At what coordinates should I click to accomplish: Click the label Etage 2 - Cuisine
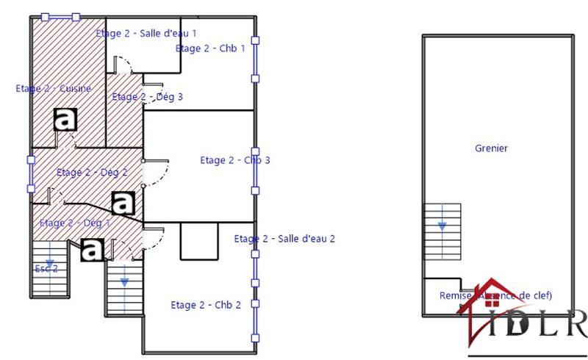(54, 88)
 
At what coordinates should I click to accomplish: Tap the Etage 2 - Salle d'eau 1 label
(146, 33)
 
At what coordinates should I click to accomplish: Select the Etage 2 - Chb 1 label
(209, 48)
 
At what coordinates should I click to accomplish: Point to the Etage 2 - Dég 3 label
(147, 96)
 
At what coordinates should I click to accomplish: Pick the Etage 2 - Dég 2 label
(92, 173)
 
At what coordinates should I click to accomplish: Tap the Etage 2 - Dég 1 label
(74, 223)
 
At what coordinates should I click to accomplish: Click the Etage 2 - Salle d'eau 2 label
(284, 238)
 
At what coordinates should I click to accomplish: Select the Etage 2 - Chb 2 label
(206, 305)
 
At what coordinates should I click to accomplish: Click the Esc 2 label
(46, 269)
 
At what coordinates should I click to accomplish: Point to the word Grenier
(491, 148)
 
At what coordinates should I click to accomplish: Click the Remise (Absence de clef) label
(495, 295)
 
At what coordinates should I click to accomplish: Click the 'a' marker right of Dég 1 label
(123, 202)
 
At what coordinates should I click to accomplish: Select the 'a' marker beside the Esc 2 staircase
(92, 250)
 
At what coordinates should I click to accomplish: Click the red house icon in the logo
(492, 309)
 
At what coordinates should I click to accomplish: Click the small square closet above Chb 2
(198, 240)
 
